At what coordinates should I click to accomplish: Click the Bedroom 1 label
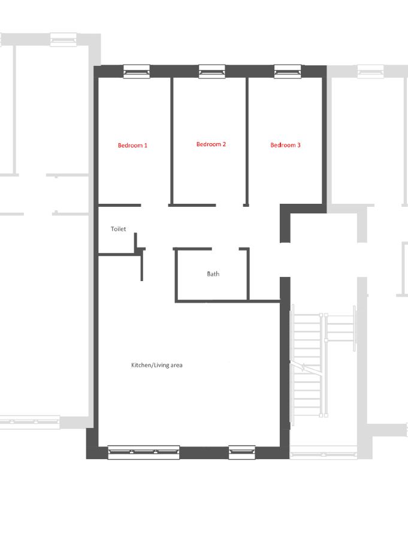(132, 145)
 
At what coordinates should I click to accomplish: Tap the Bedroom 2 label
(211, 144)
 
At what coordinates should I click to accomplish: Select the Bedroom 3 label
(285, 145)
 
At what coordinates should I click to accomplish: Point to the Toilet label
(118, 229)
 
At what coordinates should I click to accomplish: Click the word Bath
(213, 274)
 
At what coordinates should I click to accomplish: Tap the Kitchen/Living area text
(156, 365)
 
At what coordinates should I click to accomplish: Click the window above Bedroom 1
(137, 71)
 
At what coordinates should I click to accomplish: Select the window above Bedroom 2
(212, 71)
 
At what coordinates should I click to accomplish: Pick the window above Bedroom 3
(288, 71)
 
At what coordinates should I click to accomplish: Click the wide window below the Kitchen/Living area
(144, 452)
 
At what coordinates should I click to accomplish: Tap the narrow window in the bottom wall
(242, 452)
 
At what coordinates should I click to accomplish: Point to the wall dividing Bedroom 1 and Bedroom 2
(171, 141)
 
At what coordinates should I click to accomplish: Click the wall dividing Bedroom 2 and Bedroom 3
(247, 141)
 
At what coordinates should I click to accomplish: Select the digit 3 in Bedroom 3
(298, 145)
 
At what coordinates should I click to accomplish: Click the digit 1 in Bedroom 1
(146, 145)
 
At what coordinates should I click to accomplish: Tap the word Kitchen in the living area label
(141, 365)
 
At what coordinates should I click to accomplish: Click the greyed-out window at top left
(64, 40)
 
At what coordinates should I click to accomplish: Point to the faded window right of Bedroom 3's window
(371, 71)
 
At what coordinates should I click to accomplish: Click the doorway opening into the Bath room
(225, 249)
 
